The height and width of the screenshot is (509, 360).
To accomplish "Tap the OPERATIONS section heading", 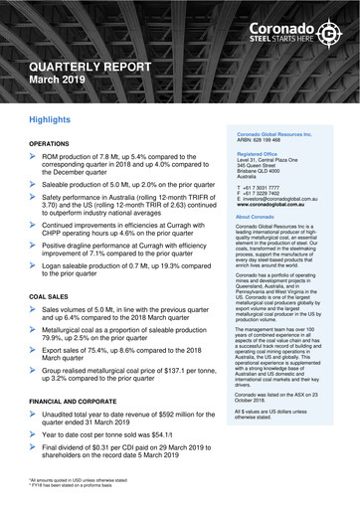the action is pos(56,144).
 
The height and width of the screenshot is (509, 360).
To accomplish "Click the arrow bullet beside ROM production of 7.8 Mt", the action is pos(35,156).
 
